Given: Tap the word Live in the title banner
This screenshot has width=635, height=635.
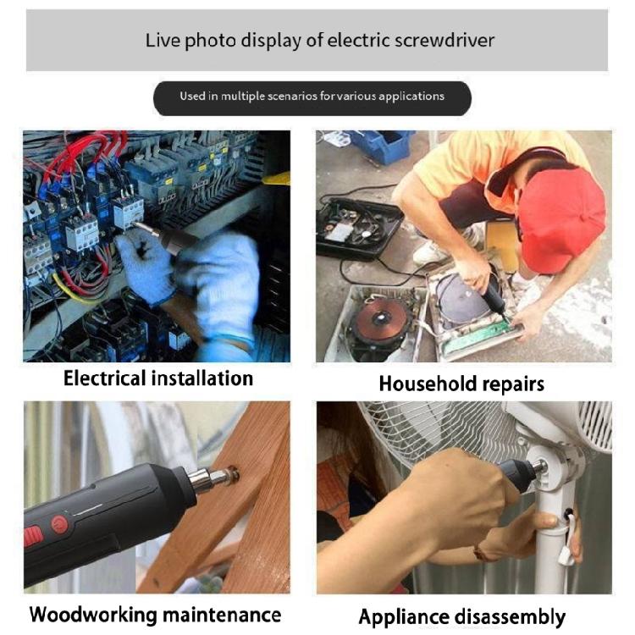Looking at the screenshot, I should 160,40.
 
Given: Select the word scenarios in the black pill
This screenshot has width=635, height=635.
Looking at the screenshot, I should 284,97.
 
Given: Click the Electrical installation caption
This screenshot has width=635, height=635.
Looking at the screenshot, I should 158,378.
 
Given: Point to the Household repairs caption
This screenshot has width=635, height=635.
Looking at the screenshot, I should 461,384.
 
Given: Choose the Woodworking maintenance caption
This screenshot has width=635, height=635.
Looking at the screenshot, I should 155,614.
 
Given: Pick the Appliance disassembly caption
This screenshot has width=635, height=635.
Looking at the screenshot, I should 462,616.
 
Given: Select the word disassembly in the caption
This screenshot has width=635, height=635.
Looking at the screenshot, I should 511,616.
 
